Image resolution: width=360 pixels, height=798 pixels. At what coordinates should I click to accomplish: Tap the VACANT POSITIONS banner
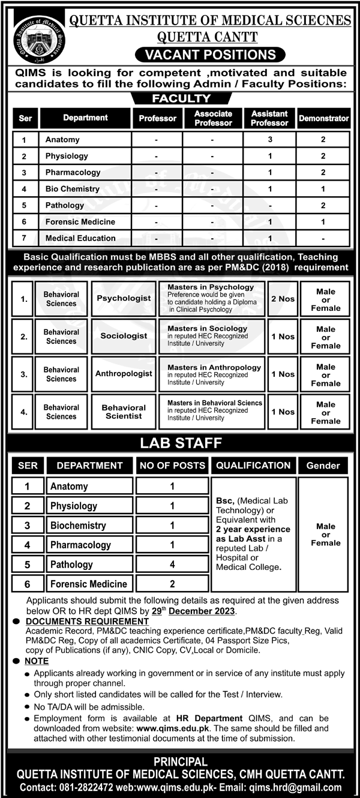point(209,55)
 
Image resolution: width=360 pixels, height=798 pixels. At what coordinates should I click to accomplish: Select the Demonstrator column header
point(324,118)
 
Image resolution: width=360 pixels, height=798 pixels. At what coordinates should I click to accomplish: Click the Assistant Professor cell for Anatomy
point(270,140)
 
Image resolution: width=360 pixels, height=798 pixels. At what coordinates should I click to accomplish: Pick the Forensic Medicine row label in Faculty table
point(80,221)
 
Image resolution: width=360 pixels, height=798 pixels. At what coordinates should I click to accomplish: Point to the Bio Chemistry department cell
point(73,189)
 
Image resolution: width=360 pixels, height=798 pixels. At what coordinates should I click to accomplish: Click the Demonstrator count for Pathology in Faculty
point(323,205)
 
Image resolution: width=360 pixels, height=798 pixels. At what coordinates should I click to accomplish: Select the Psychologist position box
point(124,298)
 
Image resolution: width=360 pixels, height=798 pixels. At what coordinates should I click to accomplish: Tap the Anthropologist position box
point(124,374)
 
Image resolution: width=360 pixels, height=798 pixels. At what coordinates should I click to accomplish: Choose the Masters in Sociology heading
point(207,329)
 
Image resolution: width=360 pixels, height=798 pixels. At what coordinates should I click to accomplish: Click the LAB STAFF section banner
point(181,443)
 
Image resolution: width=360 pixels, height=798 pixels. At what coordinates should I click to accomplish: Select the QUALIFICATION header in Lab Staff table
point(253,465)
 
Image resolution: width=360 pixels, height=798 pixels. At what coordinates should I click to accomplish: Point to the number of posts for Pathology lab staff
point(172,564)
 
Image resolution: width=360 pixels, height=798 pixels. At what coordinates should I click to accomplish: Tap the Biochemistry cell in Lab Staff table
point(78,526)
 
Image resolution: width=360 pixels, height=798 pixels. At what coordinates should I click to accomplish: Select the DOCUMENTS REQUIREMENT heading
point(87,622)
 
